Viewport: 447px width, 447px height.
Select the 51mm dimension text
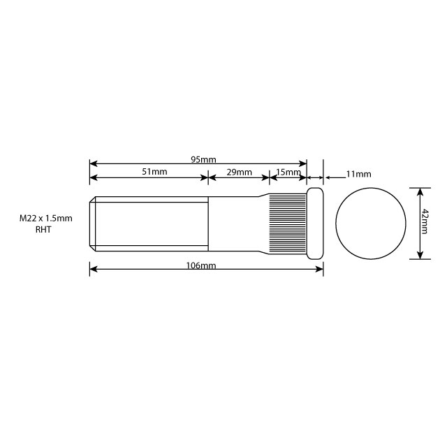tap(154, 172)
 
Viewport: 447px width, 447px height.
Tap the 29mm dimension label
tap(240, 172)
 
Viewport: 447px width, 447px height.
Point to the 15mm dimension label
tap(288, 172)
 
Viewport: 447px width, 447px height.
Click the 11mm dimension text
tap(358, 173)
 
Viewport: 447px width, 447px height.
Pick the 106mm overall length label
tap(203, 266)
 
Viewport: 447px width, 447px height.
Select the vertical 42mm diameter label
tap(425, 223)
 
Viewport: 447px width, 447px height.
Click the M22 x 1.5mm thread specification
tap(45, 219)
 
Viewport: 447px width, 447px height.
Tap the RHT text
tap(43, 229)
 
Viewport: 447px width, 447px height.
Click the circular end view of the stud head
tap(371, 223)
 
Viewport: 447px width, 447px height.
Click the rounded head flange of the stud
tap(315, 223)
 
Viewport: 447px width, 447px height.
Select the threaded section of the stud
tap(150, 223)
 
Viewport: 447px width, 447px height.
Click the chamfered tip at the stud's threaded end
tap(92, 223)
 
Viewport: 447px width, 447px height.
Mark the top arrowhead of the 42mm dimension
tap(419, 191)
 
